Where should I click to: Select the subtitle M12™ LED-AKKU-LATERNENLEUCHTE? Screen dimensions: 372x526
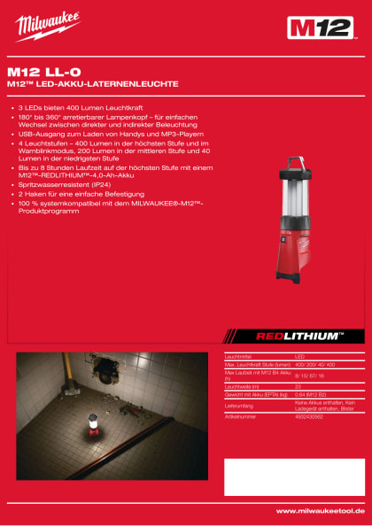(x=93, y=84)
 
